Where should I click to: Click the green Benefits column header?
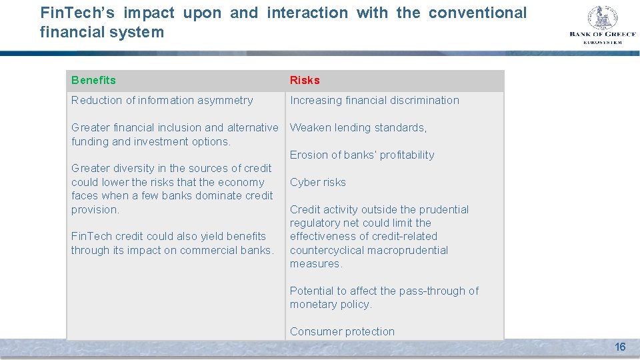[93, 80]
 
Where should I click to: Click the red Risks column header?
[305, 80]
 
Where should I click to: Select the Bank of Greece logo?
[602, 25]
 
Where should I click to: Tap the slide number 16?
[620, 347]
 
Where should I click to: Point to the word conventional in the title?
[477, 13]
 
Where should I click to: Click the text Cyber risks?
[317, 182]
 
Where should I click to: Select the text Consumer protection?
[342, 331]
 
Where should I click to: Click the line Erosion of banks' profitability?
[362, 155]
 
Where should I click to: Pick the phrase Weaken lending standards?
[358, 127]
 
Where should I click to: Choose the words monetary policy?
[330, 304]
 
